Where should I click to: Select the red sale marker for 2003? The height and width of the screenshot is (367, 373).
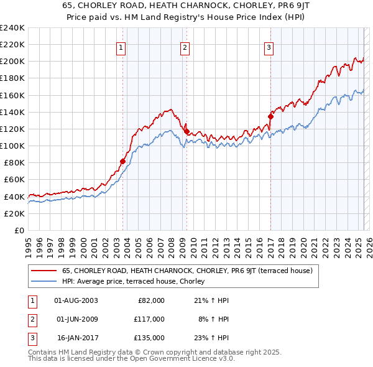pos(122,161)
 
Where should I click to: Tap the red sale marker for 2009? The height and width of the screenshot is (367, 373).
pos(186,131)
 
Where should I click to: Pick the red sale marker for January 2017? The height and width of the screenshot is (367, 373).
pos(271,116)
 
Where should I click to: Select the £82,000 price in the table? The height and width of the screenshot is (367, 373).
pos(150,300)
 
